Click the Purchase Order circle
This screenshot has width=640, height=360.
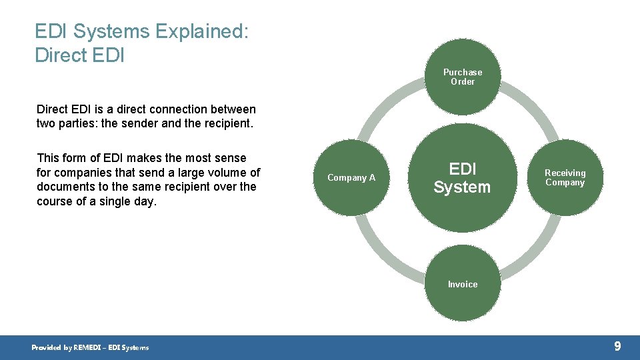tap(462, 77)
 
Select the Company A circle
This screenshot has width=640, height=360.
tap(351, 177)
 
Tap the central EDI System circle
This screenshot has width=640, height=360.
tap(462, 177)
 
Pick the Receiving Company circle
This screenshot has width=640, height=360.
tap(565, 177)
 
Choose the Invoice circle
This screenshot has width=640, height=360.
tap(462, 285)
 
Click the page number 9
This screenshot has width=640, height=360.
tap(617, 346)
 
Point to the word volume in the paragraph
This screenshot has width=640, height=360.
tap(226, 172)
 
